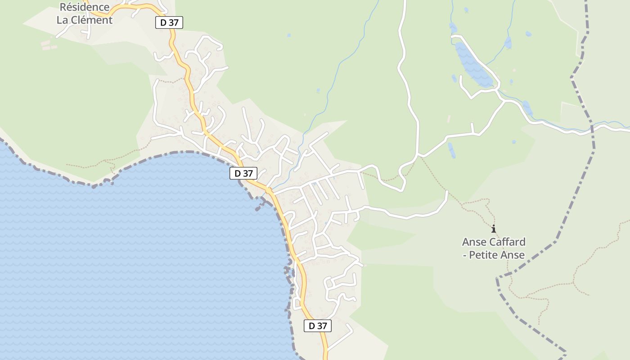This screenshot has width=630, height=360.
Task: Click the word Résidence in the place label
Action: [85, 7]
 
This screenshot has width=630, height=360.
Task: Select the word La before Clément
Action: [64, 20]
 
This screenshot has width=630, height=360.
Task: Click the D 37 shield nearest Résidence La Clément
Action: [169, 22]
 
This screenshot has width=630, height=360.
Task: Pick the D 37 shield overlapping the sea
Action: [243, 173]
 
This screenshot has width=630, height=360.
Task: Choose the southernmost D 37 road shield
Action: [318, 326]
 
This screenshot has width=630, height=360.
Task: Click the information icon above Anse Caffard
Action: [494, 229]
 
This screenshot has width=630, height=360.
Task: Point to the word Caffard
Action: [507, 242]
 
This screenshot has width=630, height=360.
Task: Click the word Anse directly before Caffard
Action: [474, 242]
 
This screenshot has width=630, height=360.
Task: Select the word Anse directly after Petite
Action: [514, 255]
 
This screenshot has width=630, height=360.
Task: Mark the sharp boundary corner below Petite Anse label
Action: [497, 278]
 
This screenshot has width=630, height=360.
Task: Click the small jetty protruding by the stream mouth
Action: [258, 208]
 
